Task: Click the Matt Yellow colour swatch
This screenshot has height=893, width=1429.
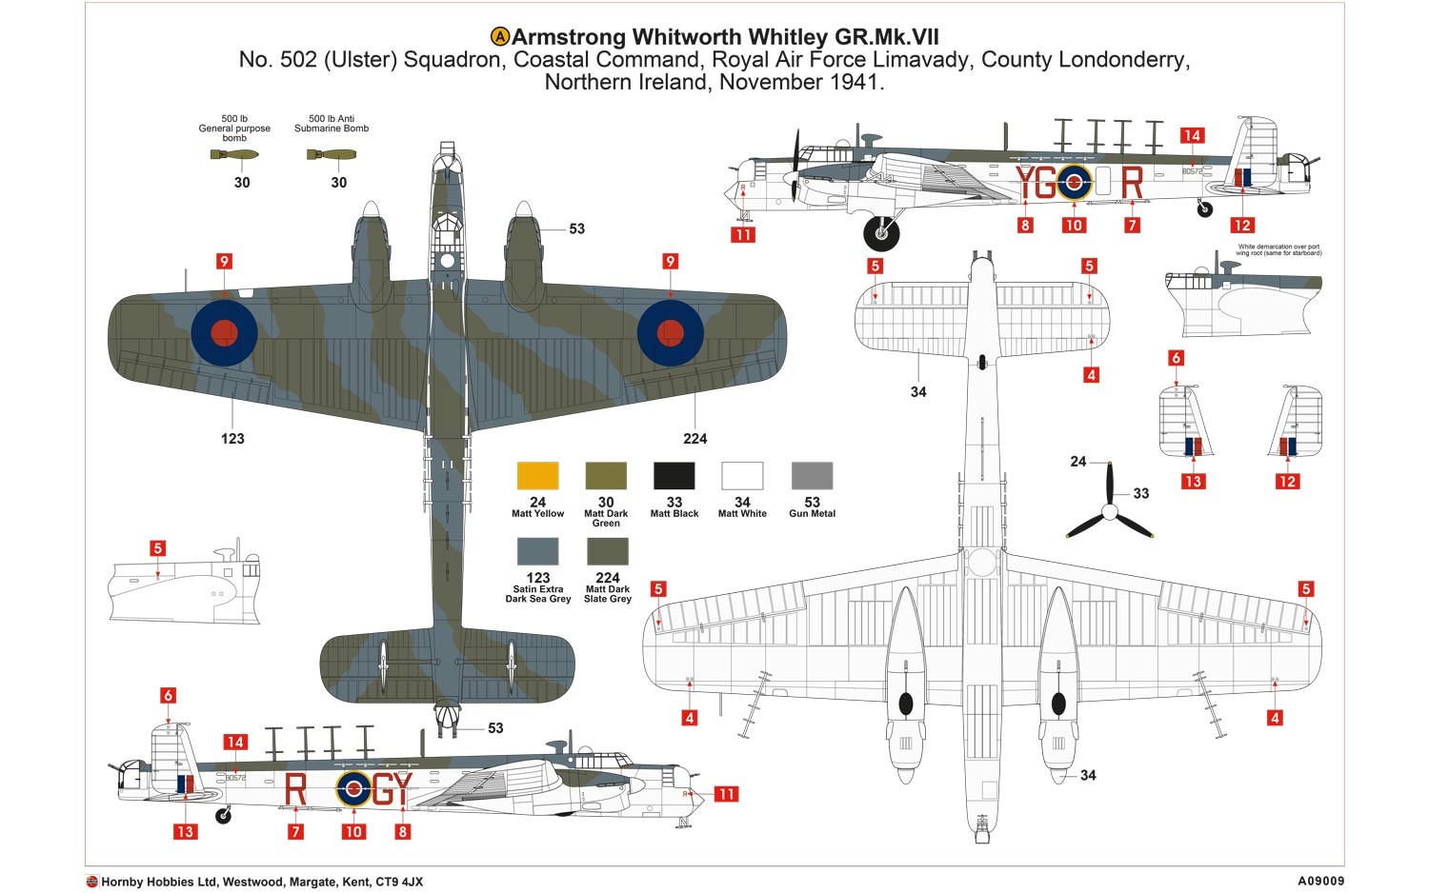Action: click(x=537, y=476)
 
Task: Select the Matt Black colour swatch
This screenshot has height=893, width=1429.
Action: click(x=674, y=476)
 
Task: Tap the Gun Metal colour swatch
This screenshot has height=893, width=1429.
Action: click(x=812, y=476)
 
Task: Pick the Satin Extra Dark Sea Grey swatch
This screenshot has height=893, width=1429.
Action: click(x=537, y=552)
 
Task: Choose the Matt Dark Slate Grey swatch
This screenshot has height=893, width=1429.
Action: click(x=607, y=552)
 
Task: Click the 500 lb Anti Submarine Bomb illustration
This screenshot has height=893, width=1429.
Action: click(x=332, y=154)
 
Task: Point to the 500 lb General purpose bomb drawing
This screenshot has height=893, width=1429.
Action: click(x=234, y=154)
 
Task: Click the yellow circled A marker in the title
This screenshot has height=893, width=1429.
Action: click(x=500, y=37)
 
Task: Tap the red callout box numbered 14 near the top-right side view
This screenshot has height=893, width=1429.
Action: click(x=1192, y=135)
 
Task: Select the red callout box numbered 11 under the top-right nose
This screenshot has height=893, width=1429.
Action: click(x=743, y=234)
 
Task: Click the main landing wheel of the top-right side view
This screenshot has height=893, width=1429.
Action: click(x=881, y=232)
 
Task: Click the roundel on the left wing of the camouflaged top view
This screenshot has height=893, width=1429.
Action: click(x=224, y=332)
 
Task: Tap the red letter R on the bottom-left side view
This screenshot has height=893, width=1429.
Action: click(x=295, y=789)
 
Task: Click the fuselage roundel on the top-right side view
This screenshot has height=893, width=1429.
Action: click(x=1074, y=181)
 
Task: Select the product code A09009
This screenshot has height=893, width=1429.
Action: click(x=1319, y=882)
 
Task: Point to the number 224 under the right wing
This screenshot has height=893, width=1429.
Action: click(x=695, y=438)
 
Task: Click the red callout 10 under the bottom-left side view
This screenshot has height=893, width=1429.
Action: click(x=353, y=831)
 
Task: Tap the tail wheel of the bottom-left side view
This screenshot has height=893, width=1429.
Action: click(x=224, y=816)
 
